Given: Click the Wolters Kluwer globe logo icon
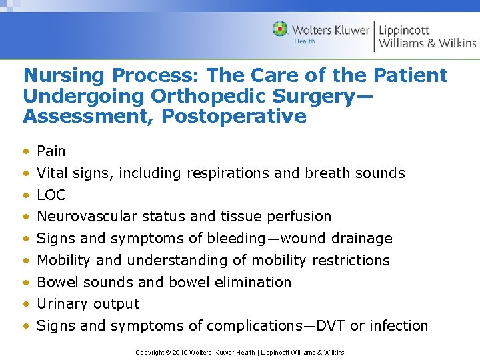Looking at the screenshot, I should tap(281, 29).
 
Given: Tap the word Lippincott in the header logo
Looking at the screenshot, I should tap(404, 29).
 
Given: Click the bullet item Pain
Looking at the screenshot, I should tap(51, 151).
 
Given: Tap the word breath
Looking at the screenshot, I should tap(326, 173).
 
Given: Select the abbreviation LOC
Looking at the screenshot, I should tap(51, 195).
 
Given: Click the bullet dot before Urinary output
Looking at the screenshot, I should tap(26, 305).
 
